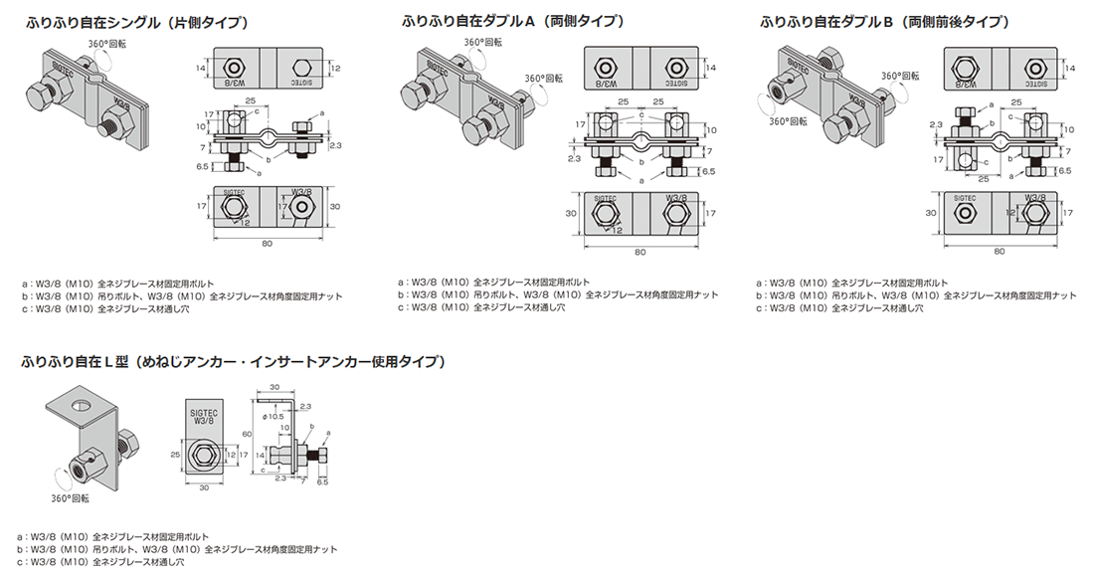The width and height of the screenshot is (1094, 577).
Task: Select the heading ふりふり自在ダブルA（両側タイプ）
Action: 513,22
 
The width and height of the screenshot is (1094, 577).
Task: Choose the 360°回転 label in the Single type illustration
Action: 107,45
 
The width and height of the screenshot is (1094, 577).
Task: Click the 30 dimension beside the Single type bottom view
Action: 334,206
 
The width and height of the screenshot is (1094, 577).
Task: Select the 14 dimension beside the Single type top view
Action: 200,68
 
